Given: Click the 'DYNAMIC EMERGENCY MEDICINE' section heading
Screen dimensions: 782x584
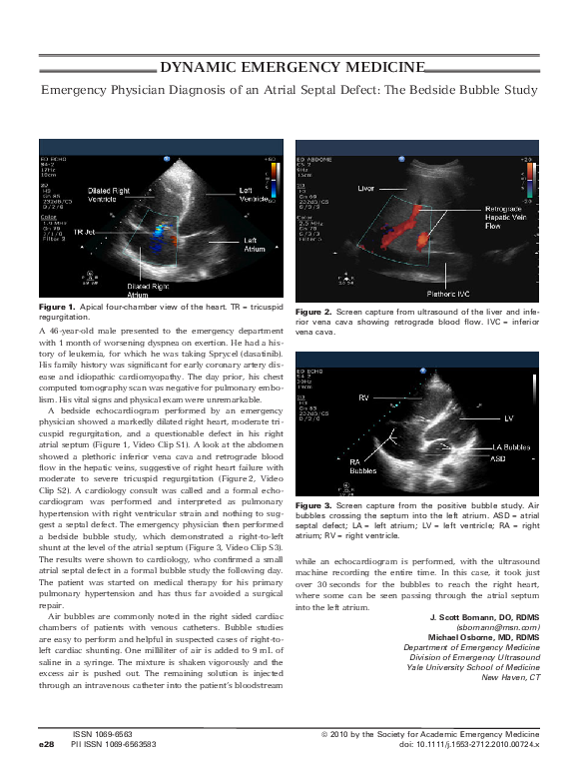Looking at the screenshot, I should point(292,68).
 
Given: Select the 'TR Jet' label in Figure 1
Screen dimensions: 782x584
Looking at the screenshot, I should point(86,231).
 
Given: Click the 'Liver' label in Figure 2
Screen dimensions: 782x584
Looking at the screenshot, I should point(366,187).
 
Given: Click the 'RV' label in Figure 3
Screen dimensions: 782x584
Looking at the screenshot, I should point(363,396).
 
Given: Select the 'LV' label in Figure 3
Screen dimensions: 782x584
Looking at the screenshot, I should point(508,417).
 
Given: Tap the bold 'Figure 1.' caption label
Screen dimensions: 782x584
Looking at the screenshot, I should point(56,305).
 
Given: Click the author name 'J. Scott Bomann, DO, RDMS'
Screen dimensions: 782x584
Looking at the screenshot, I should point(482,617).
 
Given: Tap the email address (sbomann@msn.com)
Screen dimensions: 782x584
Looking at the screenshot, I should point(498,627).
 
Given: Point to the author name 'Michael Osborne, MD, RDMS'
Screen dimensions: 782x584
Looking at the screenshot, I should point(483,637).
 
